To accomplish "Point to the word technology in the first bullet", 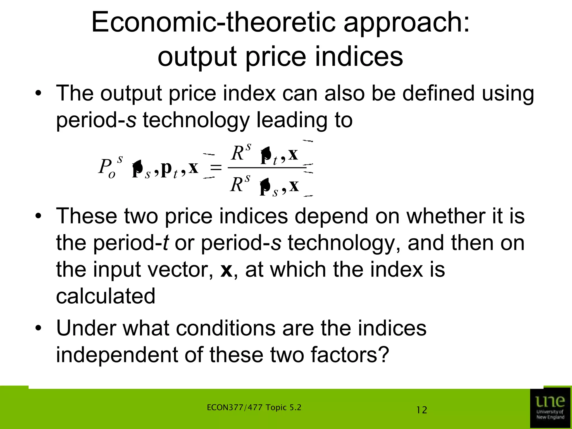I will point(196,120).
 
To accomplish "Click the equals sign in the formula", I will point(216,168).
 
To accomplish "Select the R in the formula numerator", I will point(238,153).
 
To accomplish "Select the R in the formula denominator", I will point(237,185).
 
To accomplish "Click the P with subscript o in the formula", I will point(105,167).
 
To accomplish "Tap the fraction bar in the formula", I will point(267,168).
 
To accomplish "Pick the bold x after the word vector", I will point(226,270).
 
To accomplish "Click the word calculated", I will point(106,296).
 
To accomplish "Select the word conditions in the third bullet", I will point(226,328).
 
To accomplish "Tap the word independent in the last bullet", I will point(117,355).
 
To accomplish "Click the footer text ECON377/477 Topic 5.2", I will point(254,407).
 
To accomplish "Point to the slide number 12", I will point(421,410).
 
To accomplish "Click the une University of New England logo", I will point(550,407).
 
